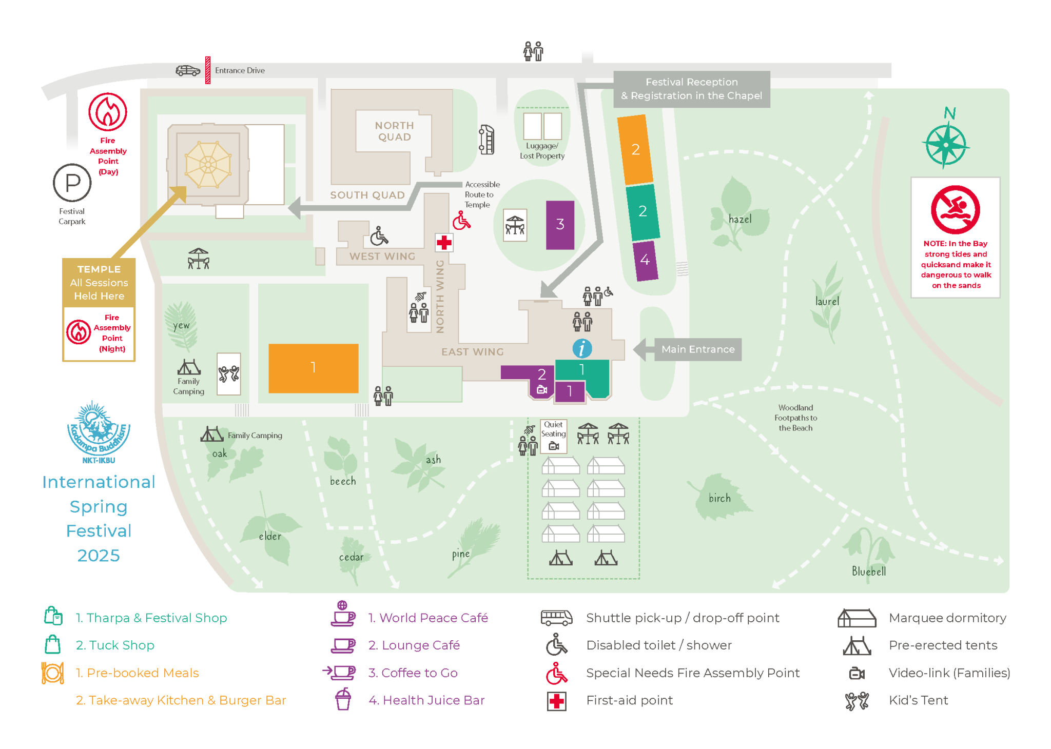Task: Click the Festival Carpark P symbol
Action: pos(72,183)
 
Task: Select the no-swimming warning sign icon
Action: pos(955,210)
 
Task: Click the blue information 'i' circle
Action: pos(582,349)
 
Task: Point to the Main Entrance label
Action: pos(697,349)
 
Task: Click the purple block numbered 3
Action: pos(560,225)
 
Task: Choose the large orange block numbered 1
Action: pos(313,368)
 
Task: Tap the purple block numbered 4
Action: pos(645,261)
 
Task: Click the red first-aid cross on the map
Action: pos(444,243)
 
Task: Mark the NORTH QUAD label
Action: pos(394,131)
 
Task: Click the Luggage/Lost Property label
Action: pos(542,151)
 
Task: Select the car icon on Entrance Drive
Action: pos(188,71)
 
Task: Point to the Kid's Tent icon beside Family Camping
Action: pos(229,373)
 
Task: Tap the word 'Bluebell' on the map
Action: pos(868,571)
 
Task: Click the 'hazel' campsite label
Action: pos(739,220)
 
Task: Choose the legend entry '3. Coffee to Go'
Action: pos(413,673)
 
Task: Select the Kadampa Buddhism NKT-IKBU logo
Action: pos(99,432)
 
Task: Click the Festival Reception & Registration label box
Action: pos(691,89)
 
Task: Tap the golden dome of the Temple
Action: pos(208,165)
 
